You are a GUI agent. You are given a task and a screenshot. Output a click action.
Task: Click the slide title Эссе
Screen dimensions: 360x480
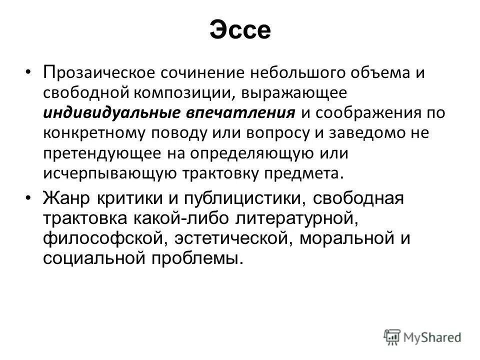tap(240, 31)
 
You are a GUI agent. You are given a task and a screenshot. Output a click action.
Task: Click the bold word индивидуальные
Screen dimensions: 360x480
tap(111, 113)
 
